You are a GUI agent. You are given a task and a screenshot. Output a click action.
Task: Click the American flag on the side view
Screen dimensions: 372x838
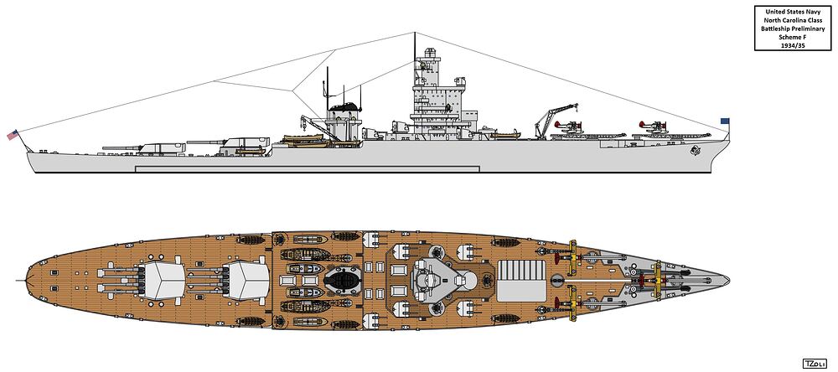coord(13,134)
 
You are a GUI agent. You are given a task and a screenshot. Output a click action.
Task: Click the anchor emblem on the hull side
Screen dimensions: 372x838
coord(696,152)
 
